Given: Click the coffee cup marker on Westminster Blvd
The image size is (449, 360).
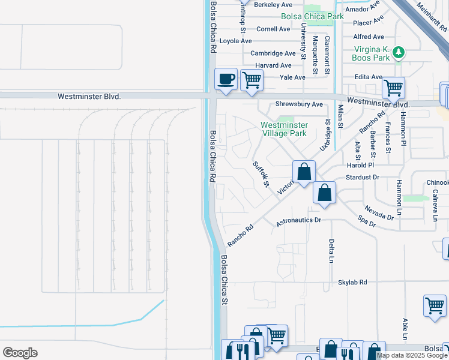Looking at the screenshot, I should coord(226,79).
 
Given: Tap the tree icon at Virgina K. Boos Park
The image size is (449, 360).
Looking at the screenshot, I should coord(398,53).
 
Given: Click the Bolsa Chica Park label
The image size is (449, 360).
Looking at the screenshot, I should coord(313,16).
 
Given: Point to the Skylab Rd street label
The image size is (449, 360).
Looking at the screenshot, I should coord(352,282).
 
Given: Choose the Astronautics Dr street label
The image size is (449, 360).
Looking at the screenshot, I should coord(299,221).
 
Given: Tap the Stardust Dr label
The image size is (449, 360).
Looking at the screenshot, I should coord(363,177).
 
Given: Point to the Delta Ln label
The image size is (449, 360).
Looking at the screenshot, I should coord(331,250).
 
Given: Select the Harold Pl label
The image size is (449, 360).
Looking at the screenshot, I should coord(361,165).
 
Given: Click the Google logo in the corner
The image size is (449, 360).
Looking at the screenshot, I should coord(20,353).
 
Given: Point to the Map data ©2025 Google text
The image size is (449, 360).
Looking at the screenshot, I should coord(412,355).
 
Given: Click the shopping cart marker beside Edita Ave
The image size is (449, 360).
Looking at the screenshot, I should coord(393,88).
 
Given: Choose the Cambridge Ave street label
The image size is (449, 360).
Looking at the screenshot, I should coord(273,53).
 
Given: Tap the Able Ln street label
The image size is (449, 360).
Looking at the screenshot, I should coord(406,329).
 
